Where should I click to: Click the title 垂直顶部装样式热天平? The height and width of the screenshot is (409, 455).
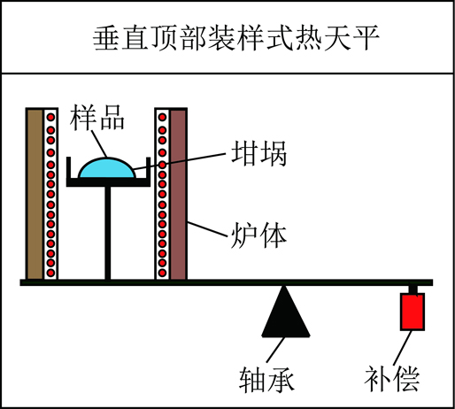(x=235, y=38)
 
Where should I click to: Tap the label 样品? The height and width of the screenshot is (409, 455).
(x=97, y=118)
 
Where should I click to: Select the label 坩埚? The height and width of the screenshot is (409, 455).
(x=258, y=153)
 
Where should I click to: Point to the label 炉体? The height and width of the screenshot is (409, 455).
(x=258, y=235)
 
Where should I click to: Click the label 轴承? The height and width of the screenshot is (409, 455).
(x=266, y=379)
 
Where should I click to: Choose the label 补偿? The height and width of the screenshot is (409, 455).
(x=391, y=379)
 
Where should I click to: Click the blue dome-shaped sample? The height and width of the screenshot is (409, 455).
(x=107, y=168)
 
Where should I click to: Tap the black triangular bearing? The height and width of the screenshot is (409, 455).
(x=285, y=312)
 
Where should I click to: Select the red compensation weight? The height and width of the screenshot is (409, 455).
(x=413, y=312)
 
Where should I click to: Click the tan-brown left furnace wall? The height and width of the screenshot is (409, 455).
(x=35, y=194)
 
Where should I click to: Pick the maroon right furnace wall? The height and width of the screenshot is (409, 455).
(x=178, y=194)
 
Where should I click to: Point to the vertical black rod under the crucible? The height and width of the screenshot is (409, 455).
(x=108, y=233)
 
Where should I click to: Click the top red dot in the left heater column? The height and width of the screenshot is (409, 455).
(x=50, y=117)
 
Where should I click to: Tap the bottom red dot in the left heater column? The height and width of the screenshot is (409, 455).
(x=50, y=273)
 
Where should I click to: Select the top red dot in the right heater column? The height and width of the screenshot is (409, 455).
(x=162, y=117)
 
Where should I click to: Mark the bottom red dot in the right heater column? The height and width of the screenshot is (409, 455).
(x=162, y=273)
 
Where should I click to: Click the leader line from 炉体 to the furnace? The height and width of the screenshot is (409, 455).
(x=207, y=229)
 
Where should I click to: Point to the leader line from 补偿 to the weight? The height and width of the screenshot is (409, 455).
(x=403, y=348)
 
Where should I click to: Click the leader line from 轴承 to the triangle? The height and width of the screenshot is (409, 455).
(x=275, y=350)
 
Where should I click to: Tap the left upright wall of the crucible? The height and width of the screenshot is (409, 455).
(x=68, y=167)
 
